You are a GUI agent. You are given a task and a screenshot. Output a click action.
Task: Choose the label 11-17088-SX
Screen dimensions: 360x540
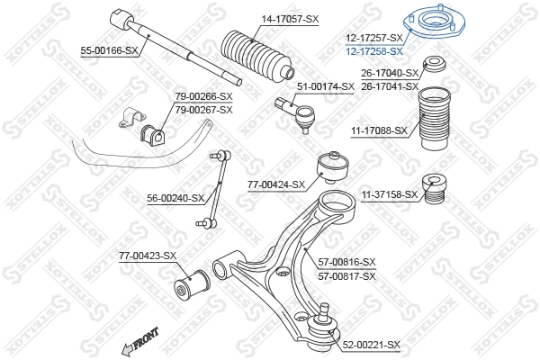[379, 130]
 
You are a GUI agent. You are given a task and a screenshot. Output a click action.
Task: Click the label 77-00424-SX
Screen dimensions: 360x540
[276, 184]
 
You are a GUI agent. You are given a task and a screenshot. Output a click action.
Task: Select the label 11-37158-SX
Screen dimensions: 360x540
[390, 194]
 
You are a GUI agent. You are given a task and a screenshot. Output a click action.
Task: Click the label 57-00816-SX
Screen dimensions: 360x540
[346, 262]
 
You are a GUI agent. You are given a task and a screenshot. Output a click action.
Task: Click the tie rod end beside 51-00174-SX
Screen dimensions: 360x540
[297, 113]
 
